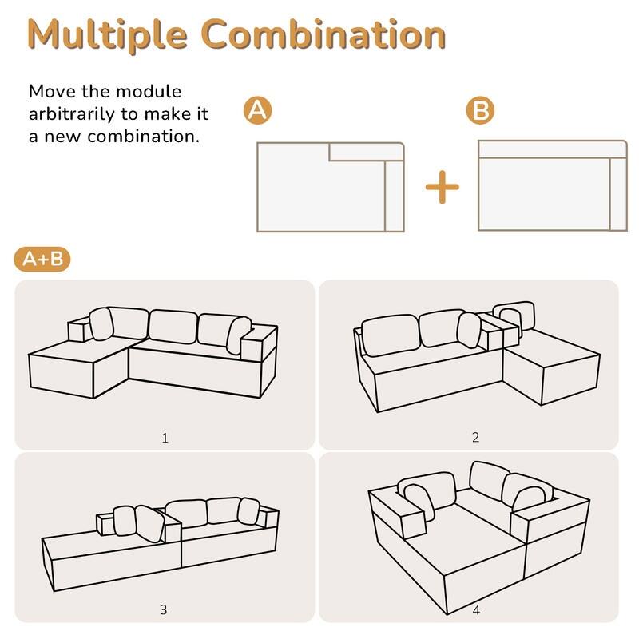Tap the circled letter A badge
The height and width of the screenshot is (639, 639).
pos(256,112)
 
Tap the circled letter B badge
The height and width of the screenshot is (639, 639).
pos(479,112)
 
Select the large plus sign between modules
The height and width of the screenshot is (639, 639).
pos(442,188)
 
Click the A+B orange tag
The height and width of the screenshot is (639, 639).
pos(42,259)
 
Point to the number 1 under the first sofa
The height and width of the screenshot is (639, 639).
pos(165,438)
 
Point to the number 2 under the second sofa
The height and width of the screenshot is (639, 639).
pos(475,437)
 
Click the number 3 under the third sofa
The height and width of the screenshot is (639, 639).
pos(164,609)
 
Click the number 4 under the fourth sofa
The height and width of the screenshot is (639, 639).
pos(476,610)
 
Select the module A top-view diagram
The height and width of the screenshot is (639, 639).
pos(331,188)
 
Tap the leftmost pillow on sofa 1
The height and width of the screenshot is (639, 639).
pos(101,323)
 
